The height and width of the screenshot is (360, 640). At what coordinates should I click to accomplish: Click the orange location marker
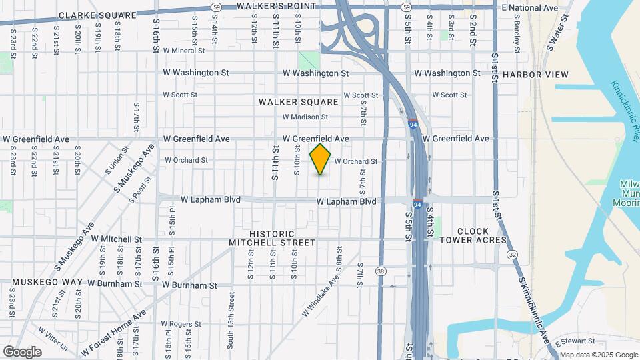coord(321,159)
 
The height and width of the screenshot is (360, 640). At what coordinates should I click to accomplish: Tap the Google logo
coord(23,351)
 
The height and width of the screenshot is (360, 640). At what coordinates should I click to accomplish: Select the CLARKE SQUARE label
coord(97,15)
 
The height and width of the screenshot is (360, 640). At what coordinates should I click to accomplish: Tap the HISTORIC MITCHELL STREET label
coord(272,239)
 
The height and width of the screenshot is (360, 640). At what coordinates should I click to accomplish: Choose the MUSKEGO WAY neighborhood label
coord(47,282)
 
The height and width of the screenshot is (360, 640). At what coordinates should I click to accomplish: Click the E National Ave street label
coord(529,8)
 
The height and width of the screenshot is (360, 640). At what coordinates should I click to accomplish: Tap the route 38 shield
coord(381,271)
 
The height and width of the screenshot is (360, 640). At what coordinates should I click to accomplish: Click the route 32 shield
coord(511,255)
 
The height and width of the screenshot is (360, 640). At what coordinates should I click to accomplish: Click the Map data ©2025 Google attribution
coord(599,355)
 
